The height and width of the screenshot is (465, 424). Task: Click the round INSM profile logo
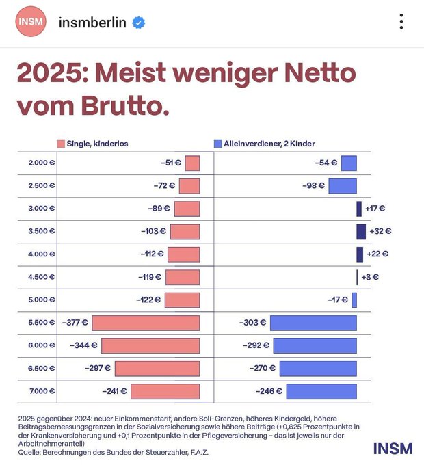tap(30, 21)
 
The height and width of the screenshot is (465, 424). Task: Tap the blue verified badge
tap(139, 22)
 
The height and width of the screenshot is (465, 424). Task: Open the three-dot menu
tap(401, 21)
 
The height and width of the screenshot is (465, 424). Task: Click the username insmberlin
tap(92, 22)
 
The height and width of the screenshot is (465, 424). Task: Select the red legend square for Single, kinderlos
tap(61, 144)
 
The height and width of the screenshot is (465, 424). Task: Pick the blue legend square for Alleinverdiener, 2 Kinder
tap(217, 144)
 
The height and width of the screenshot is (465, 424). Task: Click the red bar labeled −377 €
tap(146, 323)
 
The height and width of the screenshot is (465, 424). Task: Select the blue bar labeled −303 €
tap(313, 323)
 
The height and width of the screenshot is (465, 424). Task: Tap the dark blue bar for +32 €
tap(361, 231)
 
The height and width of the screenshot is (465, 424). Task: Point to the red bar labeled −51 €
tap(192, 163)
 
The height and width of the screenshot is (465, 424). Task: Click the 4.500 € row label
tap(42, 277)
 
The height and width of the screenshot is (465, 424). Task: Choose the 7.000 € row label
tap(42, 391)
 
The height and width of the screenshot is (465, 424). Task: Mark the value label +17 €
tap(375, 209)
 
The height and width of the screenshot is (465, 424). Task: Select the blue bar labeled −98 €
tap(342, 185)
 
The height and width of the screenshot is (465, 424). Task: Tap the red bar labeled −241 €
tap(165, 391)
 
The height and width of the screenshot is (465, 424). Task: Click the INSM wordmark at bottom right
tap(393, 449)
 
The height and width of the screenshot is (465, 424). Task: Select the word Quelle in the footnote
tap(31, 452)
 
